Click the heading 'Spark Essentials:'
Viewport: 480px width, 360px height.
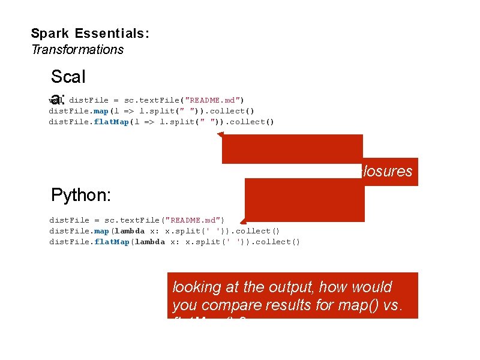click(90, 34)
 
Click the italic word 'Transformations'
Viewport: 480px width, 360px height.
click(77, 50)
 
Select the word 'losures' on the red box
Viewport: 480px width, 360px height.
click(388, 172)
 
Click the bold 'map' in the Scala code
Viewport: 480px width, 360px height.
click(100, 111)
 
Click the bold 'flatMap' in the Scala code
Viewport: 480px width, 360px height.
click(108, 122)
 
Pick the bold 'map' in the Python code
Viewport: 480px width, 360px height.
click(100, 231)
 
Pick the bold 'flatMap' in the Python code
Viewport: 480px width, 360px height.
click(108, 242)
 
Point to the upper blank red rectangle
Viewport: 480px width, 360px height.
click(292, 149)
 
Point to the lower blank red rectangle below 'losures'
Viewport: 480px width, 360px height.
click(304, 200)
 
